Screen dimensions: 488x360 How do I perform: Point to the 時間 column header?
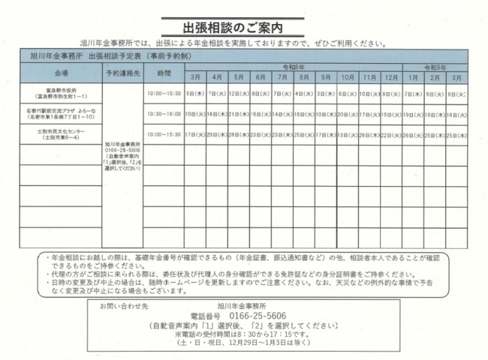[164, 73]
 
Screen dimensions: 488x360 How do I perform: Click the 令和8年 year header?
[293, 67]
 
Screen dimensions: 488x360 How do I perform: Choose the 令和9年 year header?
[435, 67]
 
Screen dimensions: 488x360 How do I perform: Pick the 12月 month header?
[390, 78]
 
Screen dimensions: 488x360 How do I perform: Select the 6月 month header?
[261, 78]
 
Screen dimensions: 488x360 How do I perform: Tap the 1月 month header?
[413, 78]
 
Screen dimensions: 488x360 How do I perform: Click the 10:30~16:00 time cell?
[164, 114]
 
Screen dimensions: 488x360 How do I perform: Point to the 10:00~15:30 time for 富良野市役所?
[164, 94]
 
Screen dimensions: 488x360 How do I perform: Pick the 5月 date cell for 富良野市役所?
[238, 94]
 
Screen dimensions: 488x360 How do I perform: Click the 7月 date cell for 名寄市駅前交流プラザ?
[282, 114]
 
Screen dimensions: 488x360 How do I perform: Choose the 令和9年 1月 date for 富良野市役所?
[413, 94]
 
